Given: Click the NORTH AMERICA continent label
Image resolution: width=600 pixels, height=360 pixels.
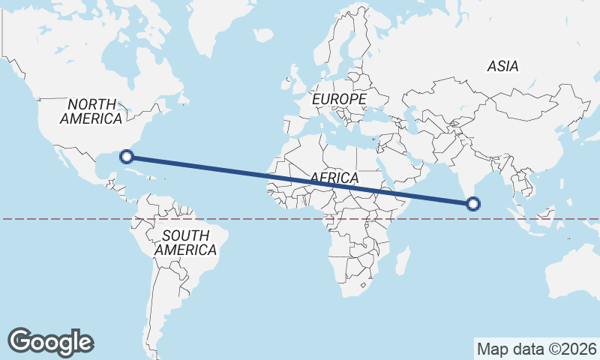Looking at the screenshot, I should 91,111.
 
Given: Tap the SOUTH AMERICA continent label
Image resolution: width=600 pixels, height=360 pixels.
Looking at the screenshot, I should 185,242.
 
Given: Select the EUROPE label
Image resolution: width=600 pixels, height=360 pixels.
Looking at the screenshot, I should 339,99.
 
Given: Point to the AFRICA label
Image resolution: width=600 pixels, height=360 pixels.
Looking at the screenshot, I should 334,178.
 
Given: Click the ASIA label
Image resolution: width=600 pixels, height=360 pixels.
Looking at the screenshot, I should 502,66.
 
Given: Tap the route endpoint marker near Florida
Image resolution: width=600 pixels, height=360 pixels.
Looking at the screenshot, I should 127,156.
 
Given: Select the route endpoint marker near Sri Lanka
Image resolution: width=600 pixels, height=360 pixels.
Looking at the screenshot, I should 473,203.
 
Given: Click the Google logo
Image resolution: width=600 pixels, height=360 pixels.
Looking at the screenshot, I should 50,341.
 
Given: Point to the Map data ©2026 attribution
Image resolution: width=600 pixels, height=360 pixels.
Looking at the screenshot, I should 536,349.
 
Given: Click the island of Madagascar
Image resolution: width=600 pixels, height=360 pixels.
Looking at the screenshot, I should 402,259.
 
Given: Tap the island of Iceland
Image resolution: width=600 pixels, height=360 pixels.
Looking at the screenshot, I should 262,34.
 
